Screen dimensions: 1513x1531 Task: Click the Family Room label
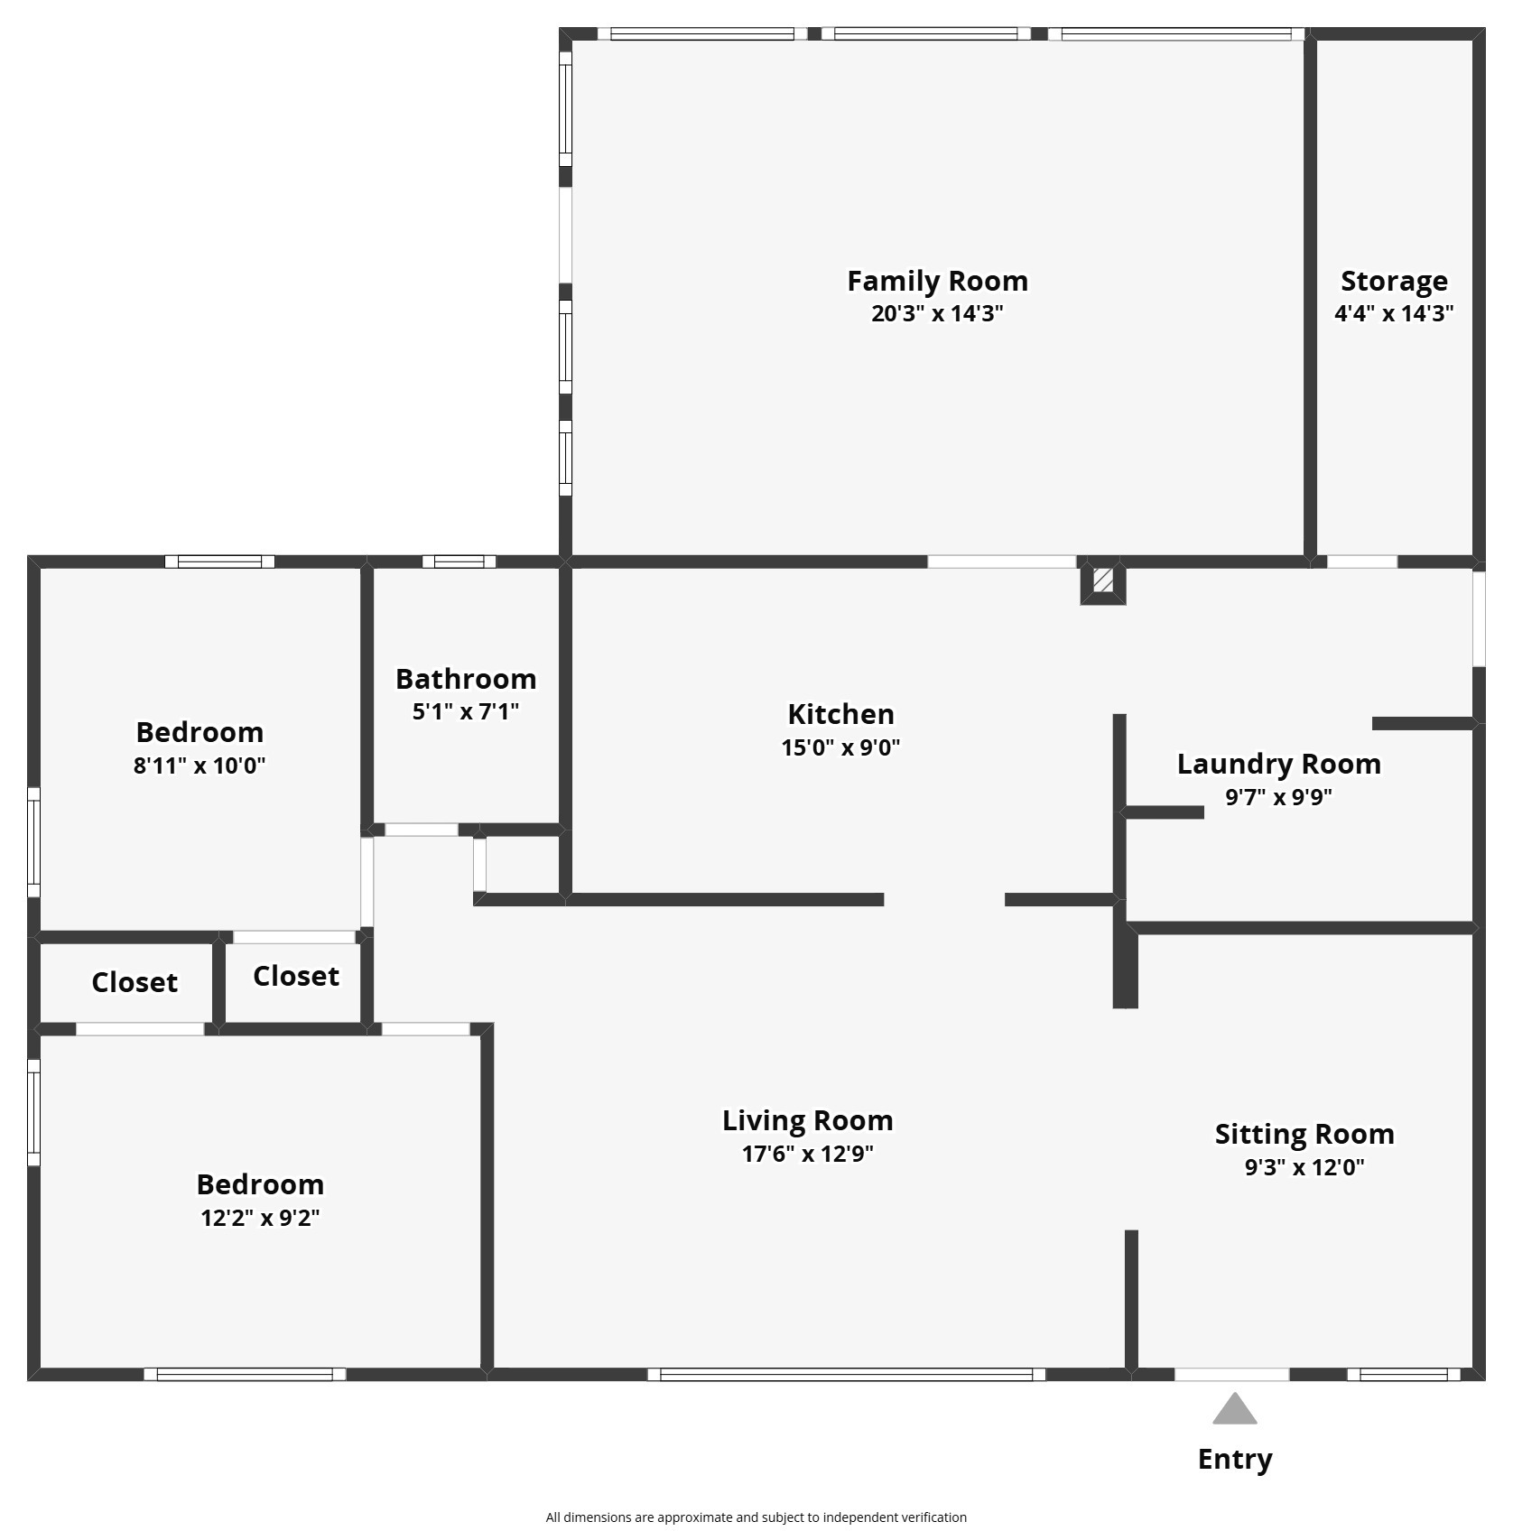(937, 281)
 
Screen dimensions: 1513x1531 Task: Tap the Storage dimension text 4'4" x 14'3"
(1394, 313)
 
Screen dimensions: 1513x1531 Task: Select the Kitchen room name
(840, 714)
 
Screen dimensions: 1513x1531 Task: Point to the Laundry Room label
(1278, 764)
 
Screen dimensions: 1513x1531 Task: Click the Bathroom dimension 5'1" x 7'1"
(466, 711)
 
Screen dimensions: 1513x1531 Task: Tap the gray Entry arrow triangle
(1234, 1408)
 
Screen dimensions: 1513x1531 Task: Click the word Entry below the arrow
(1234, 1460)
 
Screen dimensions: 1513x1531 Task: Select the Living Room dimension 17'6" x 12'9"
(807, 1154)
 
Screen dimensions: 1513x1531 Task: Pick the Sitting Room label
(1304, 1134)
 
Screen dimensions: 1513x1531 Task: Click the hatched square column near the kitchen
(1102, 580)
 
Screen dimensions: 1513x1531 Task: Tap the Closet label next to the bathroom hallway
(296, 976)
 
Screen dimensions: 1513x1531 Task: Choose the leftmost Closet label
(135, 982)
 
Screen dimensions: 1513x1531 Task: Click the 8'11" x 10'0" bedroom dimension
(200, 765)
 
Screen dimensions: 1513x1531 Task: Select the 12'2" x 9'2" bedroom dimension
(260, 1218)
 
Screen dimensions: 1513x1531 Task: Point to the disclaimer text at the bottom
(756, 1517)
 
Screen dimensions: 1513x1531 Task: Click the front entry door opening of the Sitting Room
(1231, 1375)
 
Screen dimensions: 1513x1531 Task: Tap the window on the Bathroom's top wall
(459, 561)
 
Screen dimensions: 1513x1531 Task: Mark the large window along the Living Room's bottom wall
(846, 1375)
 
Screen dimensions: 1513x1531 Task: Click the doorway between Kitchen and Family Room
(1002, 561)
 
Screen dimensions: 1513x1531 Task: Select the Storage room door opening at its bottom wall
(1361, 561)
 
